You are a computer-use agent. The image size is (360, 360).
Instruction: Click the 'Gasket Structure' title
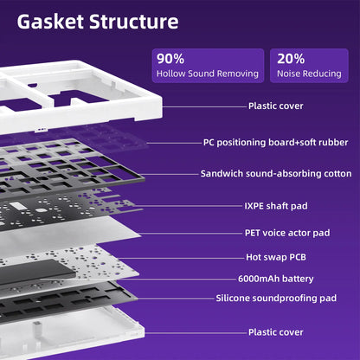[98, 22]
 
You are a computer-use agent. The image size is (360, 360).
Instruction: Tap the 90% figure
[170, 59]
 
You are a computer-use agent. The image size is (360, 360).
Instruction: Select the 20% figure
[291, 59]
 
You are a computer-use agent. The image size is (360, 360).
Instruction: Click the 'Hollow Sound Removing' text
[208, 74]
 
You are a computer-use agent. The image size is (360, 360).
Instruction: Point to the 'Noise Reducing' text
[309, 74]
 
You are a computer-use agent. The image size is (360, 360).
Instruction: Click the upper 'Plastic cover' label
[276, 106]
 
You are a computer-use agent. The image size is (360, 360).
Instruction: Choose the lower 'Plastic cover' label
[276, 332]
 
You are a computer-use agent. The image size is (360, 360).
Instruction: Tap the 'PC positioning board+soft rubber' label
[276, 143]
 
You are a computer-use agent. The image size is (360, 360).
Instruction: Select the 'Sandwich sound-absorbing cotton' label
[276, 174]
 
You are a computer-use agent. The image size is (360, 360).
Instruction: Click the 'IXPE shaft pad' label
[276, 206]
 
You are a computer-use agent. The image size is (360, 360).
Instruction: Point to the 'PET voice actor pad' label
[287, 233]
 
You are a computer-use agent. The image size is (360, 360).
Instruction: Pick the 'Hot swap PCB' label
[276, 257]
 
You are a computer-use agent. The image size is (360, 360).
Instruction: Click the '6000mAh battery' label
[276, 279]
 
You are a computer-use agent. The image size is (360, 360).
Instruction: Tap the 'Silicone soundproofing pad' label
[276, 298]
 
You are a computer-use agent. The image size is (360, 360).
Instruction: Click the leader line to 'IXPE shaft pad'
[189, 206]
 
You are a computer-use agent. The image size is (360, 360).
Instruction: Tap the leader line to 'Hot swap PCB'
[181, 258]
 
